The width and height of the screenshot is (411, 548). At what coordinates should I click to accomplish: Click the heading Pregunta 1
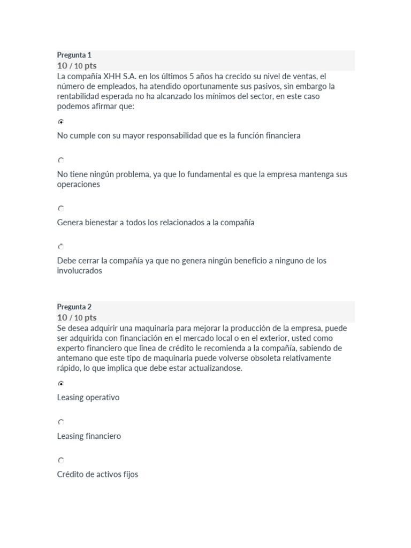(74, 55)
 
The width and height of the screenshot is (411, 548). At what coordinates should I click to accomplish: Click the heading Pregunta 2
(74, 307)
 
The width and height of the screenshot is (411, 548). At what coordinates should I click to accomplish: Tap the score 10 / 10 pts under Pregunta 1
(77, 66)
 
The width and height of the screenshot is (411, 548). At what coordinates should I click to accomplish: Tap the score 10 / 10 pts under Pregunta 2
(77, 317)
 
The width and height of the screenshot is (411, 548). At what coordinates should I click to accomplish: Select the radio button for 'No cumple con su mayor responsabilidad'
(60, 121)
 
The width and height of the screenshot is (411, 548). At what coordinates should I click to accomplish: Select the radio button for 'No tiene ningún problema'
(60, 160)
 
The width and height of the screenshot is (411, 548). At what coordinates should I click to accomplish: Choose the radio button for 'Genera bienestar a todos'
(60, 209)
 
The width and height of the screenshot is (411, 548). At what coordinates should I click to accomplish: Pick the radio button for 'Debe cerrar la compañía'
(60, 247)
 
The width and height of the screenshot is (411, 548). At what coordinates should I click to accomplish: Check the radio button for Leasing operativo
(60, 384)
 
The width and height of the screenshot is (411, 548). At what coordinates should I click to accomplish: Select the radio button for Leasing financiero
(60, 422)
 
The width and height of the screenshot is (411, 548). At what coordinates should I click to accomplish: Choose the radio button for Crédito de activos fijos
(60, 460)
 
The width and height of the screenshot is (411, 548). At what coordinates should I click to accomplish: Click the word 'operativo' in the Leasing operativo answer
(103, 398)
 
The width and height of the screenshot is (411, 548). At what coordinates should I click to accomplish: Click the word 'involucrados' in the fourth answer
(79, 271)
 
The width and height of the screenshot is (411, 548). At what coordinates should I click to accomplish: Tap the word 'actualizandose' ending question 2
(216, 368)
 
